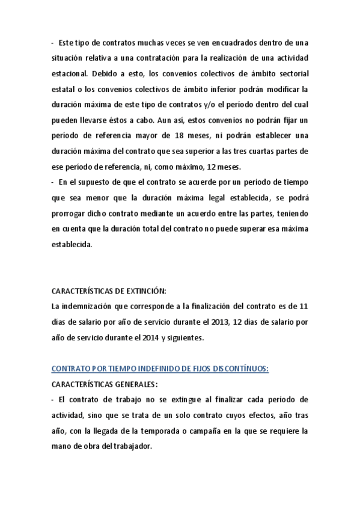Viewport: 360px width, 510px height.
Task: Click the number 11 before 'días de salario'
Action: point(304,306)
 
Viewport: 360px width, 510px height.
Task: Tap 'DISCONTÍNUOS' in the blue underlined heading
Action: point(239,369)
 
